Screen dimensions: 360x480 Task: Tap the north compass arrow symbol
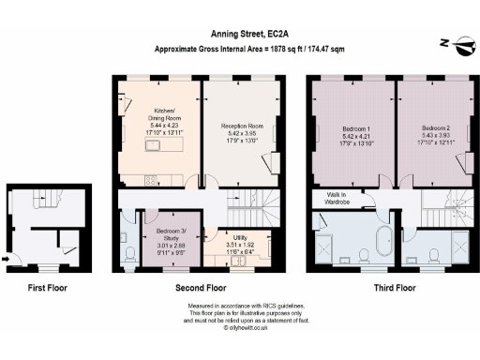[449, 42]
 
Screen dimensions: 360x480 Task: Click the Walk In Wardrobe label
[335, 198]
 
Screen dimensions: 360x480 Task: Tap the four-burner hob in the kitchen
[151, 181]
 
